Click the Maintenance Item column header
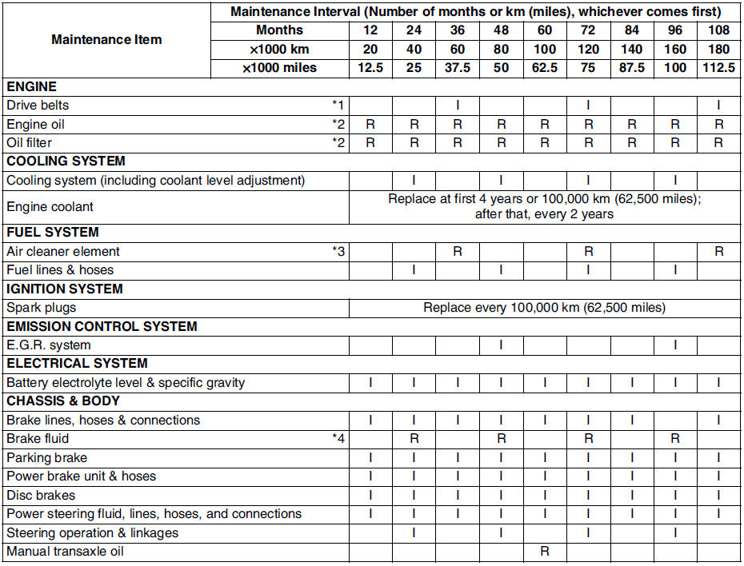pyautogui.click(x=106, y=39)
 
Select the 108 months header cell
pyautogui.click(x=719, y=30)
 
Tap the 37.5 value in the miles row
pyautogui.click(x=458, y=68)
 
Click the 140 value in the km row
pyautogui.click(x=632, y=50)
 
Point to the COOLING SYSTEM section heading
pyautogui.click(x=66, y=161)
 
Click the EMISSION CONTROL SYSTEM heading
pyautogui.click(x=102, y=326)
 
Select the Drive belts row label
pyautogui.click(x=38, y=106)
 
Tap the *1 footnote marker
pyautogui.click(x=338, y=106)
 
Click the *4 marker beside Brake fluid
pyautogui.click(x=338, y=439)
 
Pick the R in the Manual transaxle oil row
pyautogui.click(x=545, y=552)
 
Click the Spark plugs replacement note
pyautogui.click(x=544, y=308)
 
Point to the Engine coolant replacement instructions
pyautogui.click(x=544, y=206)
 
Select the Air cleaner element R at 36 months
pyautogui.click(x=458, y=251)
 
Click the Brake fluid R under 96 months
pyautogui.click(x=675, y=439)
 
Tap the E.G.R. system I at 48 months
pyautogui.click(x=501, y=345)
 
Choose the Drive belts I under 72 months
pyautogui.click(x=588, y=106)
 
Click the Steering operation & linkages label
pyautogui.click(x=92, y=532)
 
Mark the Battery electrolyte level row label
pyautogui.click(x=126, y=383)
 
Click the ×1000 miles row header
pyautogui.click(x=280, y=68)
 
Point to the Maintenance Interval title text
pyautogui.click(x=475, y=12)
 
